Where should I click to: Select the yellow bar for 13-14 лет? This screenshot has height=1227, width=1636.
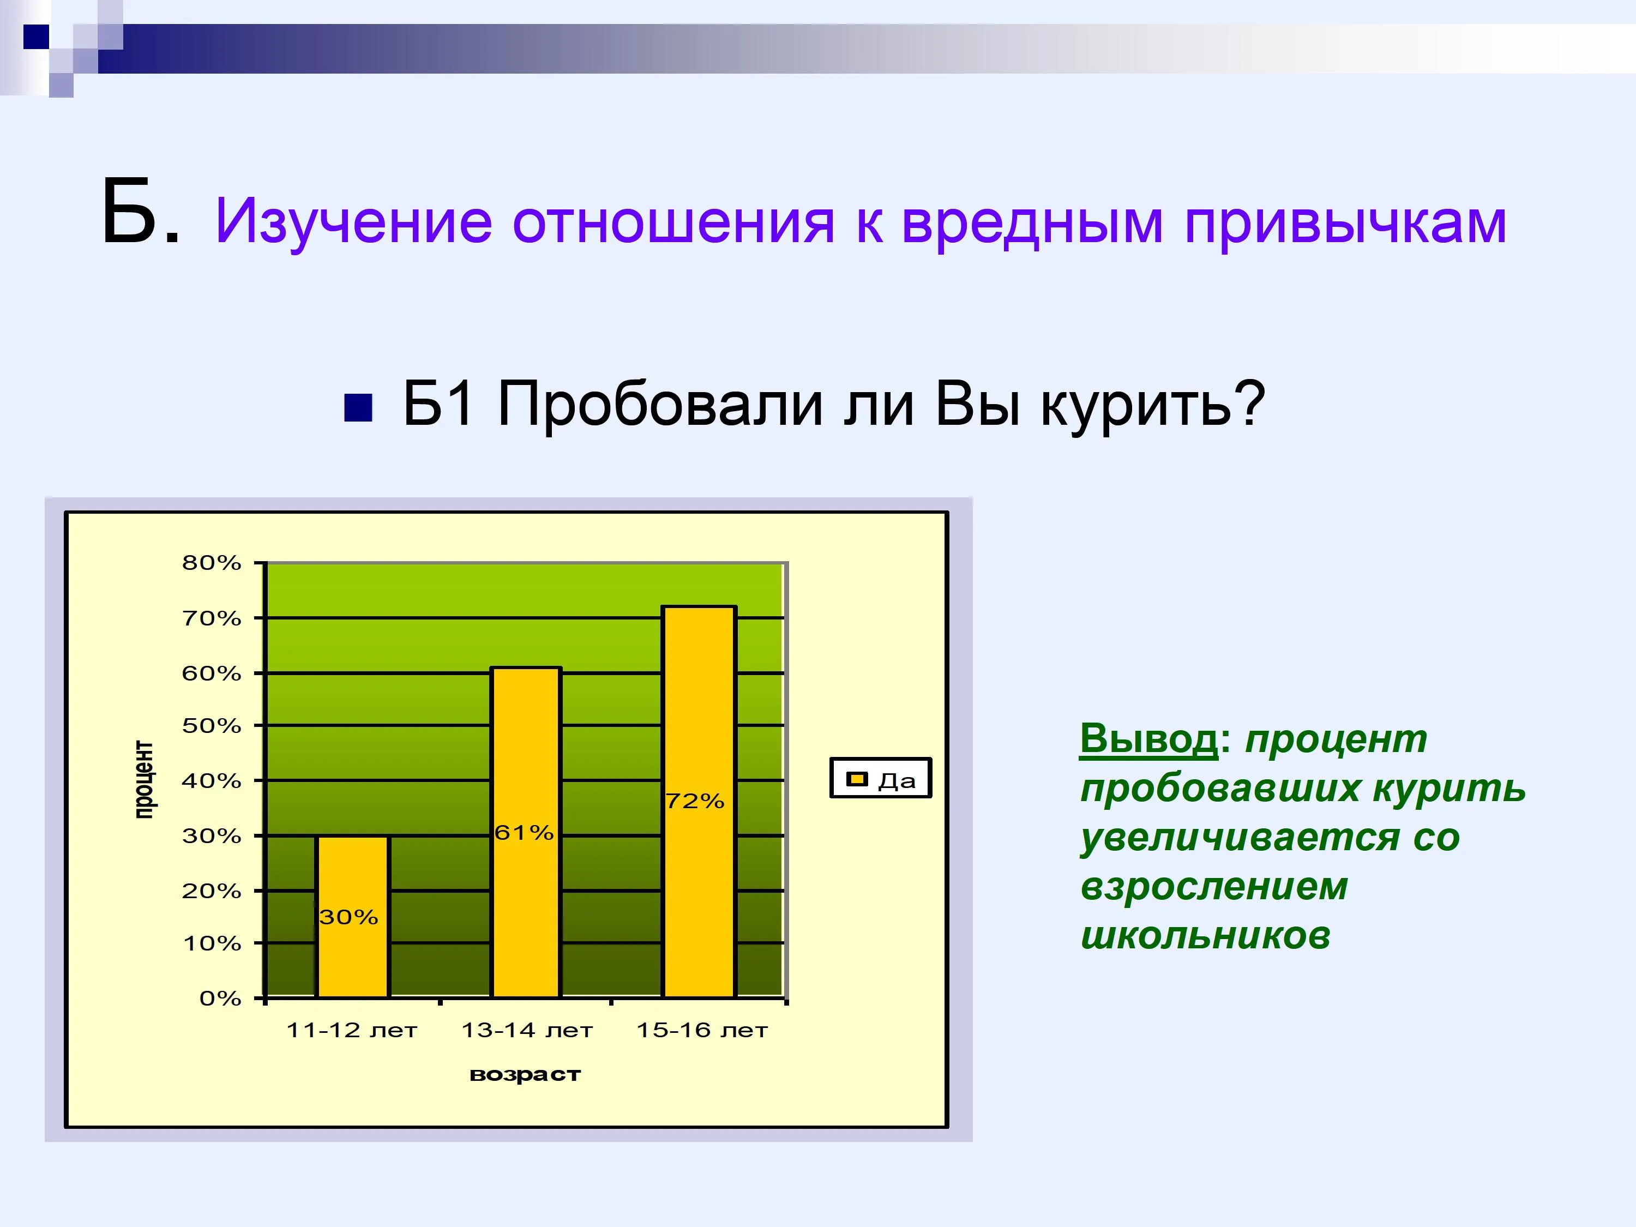pyautogui.click(x=526, y=833)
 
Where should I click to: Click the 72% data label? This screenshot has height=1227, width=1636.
pyautogui.click(x=695, y=801)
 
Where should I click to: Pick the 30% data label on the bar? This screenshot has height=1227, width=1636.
pyautogui.click(x=348, y=917)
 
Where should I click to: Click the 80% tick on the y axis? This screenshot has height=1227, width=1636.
pyautogui.click(x=212, y=563)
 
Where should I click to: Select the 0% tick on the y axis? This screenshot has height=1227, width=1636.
pyautogui.click(x=220, y=999)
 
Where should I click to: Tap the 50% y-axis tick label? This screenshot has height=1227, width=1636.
pyautogui.click(x=212, y=725)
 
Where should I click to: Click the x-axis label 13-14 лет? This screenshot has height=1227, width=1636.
pyautogui.click(x=527, y=1030)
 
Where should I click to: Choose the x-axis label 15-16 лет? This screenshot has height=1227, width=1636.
pyautogui.click(x=702, y=1030)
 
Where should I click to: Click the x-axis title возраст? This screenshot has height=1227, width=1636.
pyautogui.click(x=525, y=1075)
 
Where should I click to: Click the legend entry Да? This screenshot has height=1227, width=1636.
pyautogui.click(x=881, y=778)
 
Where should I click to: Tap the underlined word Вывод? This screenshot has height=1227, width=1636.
pyautogui.click(x=1148, y=738)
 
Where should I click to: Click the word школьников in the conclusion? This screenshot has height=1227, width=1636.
pyautogui.click(x=1206, y=936)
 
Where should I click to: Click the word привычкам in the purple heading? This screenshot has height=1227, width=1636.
pyautogui.click(x=1345, y=221)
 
